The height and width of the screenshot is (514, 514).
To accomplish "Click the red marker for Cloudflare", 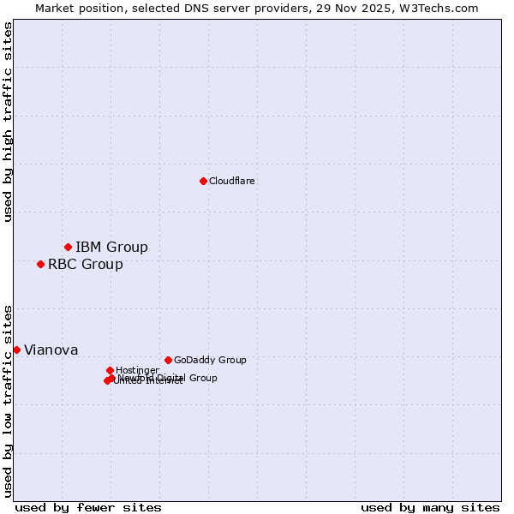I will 203,181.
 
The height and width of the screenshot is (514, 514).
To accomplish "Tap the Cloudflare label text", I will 232,181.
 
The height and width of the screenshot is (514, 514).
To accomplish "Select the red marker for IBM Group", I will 68,247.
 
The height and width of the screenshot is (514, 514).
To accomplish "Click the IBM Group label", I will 111,248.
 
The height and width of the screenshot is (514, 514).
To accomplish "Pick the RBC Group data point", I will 40,264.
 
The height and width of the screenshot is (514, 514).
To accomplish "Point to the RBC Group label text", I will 86,265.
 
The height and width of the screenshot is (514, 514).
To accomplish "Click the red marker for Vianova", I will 16,350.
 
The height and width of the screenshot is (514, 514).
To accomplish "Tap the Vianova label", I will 51,350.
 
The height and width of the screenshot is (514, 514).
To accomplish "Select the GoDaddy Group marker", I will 168,360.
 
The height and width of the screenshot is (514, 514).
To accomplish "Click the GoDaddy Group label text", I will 210,361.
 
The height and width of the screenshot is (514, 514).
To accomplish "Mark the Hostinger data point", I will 110,370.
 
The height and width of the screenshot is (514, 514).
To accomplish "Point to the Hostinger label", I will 137,371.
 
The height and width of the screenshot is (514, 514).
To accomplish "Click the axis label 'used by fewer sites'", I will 88,508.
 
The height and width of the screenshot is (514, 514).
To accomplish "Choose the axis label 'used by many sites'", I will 430,508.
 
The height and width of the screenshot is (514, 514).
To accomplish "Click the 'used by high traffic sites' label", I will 9,122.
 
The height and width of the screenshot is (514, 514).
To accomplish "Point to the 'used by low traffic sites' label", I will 9,401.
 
